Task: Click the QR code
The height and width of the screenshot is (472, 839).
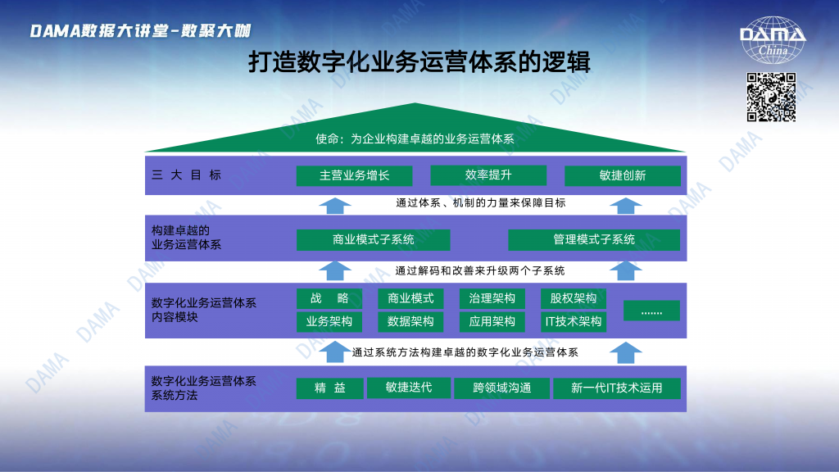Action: click(771, 97)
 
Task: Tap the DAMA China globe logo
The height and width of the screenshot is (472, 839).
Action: click(773, 40)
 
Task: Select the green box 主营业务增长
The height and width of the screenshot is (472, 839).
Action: click(354, 175)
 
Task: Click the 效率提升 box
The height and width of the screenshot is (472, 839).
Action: click(488, 175)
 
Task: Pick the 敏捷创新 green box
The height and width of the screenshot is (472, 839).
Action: click(623, 175)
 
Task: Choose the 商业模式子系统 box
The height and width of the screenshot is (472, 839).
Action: click(373, 240)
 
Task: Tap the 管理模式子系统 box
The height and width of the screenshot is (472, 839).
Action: click(594, 240)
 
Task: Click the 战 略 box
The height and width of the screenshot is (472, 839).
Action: click(329, 298)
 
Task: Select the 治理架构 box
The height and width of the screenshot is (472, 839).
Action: click(492, 298)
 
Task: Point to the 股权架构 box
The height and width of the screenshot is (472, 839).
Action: click(573, 298)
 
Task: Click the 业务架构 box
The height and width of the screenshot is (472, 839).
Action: click(329, 321)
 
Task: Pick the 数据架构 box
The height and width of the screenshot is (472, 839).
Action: click(410, 321)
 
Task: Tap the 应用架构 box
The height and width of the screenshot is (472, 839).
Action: click(492, 321)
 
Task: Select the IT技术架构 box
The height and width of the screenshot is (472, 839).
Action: click(573, 321)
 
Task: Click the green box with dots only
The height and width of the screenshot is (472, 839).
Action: click(651, 311)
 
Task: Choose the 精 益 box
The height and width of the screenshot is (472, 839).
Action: click(329, 388)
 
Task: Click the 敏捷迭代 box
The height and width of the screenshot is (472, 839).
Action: click(409, 388)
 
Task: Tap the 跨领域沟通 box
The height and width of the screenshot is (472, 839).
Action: click(502, 388)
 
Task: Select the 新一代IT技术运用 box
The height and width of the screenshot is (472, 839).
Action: click(617, 388)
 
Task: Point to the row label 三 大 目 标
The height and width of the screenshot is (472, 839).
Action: click(186, 175)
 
